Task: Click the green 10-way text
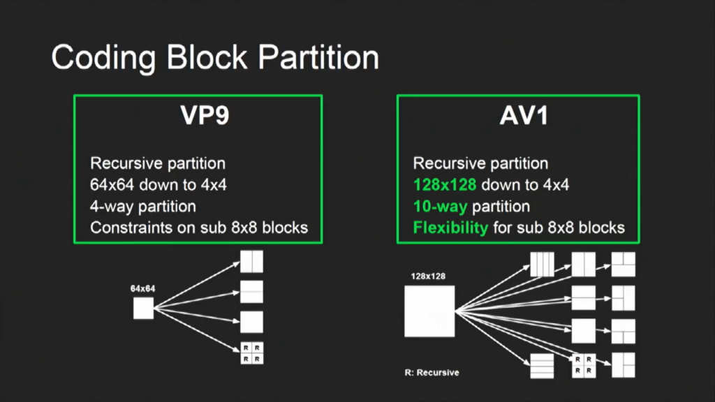(440, 207)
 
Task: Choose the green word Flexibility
(450, 228)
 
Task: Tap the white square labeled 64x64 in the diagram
(143, 308)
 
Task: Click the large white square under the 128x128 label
(429, 311)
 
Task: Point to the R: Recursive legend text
(432, 372)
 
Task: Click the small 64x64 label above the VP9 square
(142, 288)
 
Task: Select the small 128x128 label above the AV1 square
(429, 276)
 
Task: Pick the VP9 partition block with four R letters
(251, 353)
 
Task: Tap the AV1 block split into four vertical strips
(542, 265)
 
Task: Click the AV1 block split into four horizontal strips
(542, 366)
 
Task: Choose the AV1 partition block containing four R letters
(583, 365)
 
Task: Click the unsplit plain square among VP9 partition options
(251, 322)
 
